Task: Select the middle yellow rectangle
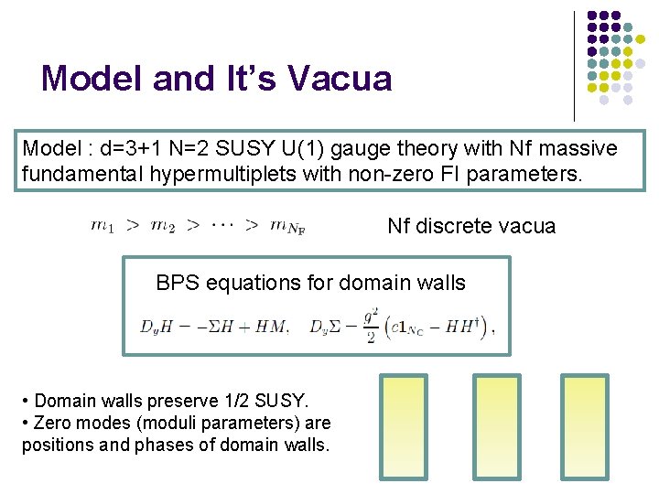click(496, 427)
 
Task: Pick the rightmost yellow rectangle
click(584, 427)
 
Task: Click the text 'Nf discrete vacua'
click(470, 226)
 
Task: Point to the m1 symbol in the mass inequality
click(103, 226)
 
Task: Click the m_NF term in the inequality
click(286, 227)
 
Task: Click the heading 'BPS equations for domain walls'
click(310, 283)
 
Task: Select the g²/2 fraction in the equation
click(370, 324)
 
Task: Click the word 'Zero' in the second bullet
click(55, 423)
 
